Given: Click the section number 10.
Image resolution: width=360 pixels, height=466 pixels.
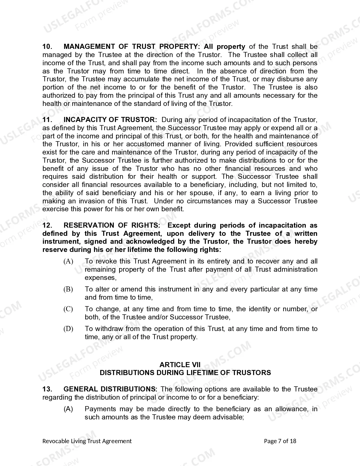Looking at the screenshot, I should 47,47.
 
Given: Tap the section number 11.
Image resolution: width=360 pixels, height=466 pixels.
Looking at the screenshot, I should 47,120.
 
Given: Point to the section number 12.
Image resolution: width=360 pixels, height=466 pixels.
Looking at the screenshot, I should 47,225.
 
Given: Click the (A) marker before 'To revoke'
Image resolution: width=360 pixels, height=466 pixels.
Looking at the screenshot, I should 68,262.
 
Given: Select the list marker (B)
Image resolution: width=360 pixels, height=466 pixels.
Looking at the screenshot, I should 68,289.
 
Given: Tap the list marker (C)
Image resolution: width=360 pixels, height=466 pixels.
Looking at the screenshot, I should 68,309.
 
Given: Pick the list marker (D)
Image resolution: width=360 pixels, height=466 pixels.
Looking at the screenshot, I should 68,329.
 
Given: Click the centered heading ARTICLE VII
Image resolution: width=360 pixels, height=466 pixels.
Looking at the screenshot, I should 180,365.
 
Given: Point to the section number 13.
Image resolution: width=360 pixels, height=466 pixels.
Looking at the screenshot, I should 47,389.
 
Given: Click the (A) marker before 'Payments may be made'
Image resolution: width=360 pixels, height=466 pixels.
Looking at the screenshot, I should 68,409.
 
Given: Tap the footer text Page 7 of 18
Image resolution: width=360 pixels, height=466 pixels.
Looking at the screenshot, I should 280,441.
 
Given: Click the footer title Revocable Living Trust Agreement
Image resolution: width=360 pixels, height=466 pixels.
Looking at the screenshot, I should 87,441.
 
